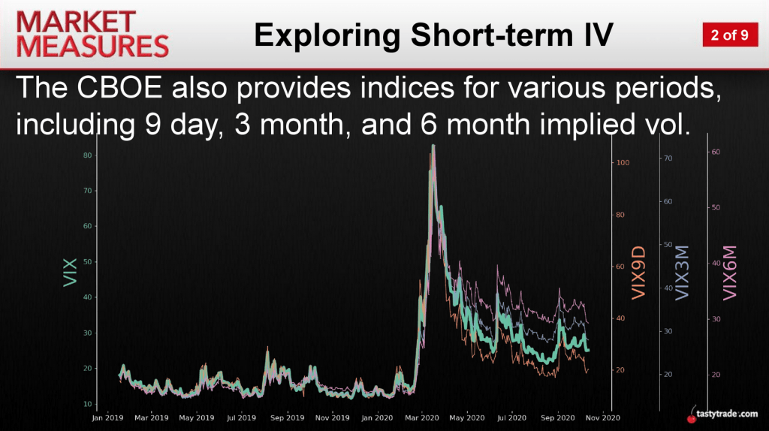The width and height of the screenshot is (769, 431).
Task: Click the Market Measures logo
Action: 92,35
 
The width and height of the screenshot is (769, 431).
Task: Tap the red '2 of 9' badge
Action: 730,35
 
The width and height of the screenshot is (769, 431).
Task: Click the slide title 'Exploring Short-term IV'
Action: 433,35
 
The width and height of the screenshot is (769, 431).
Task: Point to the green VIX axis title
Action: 70,272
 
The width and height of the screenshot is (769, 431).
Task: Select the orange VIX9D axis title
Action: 638,273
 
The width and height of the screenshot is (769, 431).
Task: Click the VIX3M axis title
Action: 682,273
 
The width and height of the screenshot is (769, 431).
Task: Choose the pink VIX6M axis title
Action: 730,273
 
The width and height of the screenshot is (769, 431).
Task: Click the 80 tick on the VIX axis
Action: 87,155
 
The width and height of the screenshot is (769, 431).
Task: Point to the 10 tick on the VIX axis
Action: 87,404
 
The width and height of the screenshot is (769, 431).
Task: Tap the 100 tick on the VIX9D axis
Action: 623,163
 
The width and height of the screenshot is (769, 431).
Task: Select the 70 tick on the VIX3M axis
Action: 668,158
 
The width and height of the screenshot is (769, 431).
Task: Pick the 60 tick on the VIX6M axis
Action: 716,152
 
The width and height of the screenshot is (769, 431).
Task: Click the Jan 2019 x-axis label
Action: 107,417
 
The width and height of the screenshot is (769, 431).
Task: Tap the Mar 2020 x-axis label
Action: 422,417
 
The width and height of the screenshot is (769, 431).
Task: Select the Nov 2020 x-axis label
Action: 603,417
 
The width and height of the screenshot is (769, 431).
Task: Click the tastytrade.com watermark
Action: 723,414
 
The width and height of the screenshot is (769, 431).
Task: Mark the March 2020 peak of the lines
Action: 433,145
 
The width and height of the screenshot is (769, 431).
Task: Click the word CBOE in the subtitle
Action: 119,89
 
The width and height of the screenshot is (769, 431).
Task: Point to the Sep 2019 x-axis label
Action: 288,417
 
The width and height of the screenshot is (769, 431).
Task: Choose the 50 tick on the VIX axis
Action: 87,262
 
